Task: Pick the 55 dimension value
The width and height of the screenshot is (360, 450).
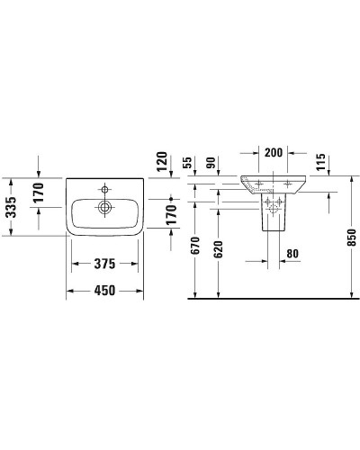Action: click(188, 165)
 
